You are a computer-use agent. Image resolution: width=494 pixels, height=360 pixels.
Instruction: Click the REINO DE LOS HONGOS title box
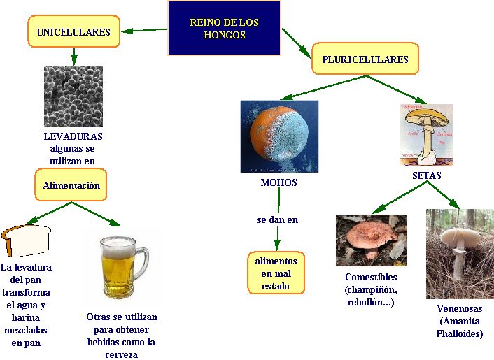[x=224, y=28]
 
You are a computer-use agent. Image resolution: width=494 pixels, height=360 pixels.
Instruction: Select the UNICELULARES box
[x=73, y=32]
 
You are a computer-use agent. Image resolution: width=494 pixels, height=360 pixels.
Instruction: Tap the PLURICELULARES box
[x=365, y=59]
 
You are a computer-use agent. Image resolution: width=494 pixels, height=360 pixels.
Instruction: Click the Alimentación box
[x=71, y=185]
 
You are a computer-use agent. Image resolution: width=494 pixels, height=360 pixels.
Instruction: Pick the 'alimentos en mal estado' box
[x=276, y=273]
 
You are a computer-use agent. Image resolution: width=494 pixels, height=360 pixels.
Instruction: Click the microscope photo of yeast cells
[x=73, y=96]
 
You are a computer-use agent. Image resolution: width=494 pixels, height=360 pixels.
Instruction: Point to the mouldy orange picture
[x=278, y=136]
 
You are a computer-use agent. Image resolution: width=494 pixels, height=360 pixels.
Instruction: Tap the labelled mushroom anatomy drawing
[x=427, y=135]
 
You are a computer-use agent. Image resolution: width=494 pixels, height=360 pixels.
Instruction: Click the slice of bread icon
[x=26, y=241]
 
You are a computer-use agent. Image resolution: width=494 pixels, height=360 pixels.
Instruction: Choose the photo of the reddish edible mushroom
[x=371, y=240]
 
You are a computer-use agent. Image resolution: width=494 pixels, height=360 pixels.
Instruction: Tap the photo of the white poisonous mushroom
[x=460, y=253]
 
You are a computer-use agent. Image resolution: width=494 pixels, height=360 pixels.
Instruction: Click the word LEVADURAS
[x=73, y=136]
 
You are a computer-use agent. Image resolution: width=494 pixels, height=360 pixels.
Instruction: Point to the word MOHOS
[x=278, y=182]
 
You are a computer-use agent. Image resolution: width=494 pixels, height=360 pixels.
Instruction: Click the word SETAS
[x=426, y=175]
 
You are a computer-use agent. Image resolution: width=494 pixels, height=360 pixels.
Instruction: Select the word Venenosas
[x=459, y=308]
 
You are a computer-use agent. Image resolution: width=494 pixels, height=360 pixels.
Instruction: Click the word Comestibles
[x=371, y=277]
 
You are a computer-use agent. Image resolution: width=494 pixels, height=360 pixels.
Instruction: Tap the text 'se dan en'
[x=277, y=219]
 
